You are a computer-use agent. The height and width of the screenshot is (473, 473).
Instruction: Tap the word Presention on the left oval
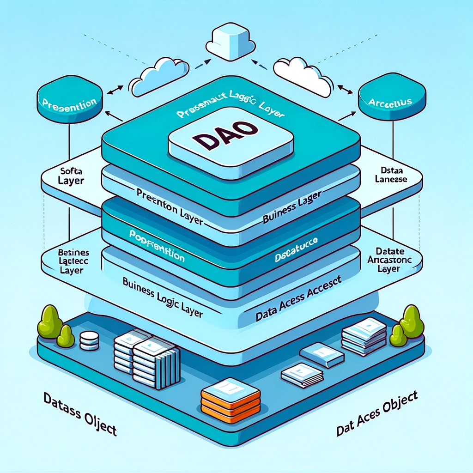pyautogui.click(x=68, y=102)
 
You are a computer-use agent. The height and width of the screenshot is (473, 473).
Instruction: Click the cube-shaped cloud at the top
pyautogui.click(x=230, y=41)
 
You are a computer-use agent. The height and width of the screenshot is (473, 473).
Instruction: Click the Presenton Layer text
pyautogui.click(x=170, y=206)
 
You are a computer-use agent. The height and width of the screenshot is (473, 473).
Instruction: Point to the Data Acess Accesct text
pyautogui.click(x=298, y=299)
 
